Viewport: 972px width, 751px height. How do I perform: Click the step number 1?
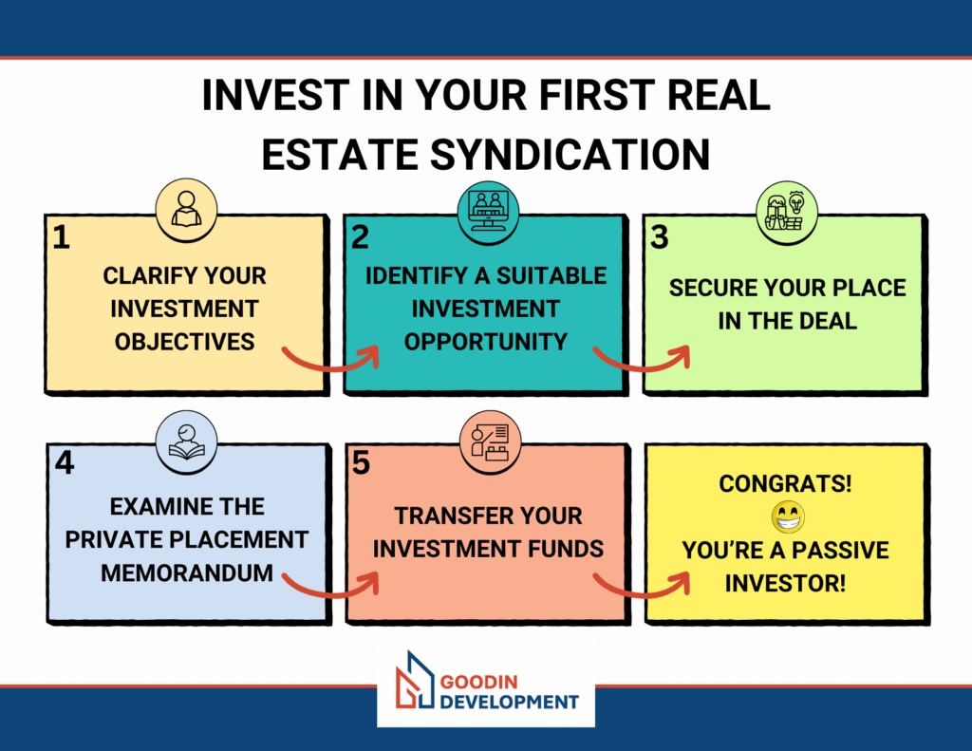point(61,237)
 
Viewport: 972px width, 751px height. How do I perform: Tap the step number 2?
point(360,237)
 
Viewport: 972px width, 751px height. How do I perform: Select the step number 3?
point(659,237)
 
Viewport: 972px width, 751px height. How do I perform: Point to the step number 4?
point(65,462)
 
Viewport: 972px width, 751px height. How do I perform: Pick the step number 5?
point(361,463)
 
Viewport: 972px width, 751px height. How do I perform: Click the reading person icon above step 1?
point(186,209)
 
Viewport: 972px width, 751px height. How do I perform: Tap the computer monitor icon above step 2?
point(488,211)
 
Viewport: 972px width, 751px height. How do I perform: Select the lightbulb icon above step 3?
point(796,202)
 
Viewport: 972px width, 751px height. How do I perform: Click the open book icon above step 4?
point(187,442)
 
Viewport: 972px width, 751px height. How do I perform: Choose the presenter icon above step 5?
point(490,442)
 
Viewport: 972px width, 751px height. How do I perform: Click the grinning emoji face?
point(788,517)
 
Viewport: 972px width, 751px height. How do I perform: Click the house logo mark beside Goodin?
point(414,680)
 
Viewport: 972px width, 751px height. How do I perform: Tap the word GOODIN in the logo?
point(478,682)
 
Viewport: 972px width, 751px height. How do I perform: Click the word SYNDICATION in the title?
point(570,155)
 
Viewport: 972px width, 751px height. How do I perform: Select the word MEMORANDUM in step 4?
point(187,573)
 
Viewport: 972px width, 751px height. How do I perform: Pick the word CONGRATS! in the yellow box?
point(785,483)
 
